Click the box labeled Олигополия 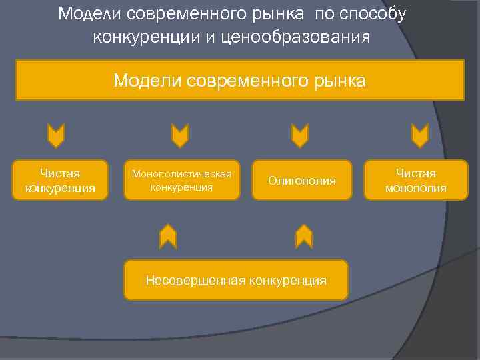click(302, 180)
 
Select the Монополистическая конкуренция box click(181, 180)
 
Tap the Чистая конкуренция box click(60, 180)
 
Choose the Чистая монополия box click(415, 180)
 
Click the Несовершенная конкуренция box click(236, 279)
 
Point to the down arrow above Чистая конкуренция click(56, 135)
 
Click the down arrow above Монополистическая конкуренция click(180, 135)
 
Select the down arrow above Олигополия click(300, 135)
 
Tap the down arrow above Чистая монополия click(419, 135)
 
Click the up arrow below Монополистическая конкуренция click(168, 236)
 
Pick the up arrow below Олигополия click(304, 236)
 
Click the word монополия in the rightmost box click(415, 188)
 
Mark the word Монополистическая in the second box click(181, 174)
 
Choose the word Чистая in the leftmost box click(60, 173)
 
